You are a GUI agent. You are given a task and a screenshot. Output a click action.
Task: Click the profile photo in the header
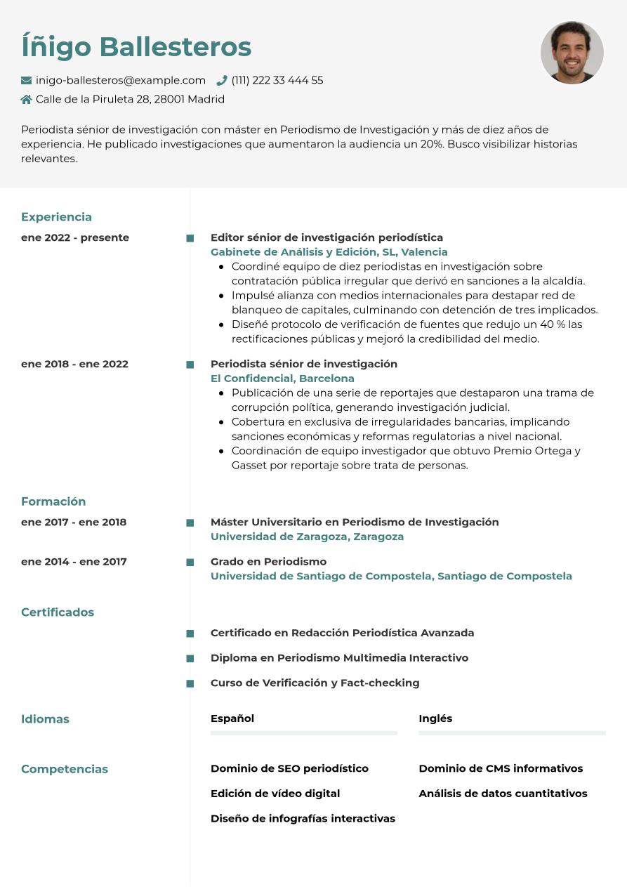(572, 53)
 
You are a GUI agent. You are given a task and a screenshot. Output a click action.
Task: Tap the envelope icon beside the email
(27, 81)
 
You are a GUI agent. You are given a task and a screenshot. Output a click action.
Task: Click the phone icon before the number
(222, 81)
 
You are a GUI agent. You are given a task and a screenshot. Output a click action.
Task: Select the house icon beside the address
(27, 100)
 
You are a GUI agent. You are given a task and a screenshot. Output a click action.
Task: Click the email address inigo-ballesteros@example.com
(121, 81)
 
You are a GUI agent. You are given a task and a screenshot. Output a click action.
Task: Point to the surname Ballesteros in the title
(175, 47)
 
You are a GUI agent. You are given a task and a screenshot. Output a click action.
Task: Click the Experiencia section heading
(56, 217)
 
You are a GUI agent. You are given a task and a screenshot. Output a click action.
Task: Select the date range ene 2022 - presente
(75, 237)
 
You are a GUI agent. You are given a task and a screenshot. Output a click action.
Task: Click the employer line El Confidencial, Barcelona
(282, 379)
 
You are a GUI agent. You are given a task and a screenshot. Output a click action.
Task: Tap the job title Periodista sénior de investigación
(304, 364)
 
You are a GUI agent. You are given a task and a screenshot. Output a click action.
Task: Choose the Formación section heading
(53, 501)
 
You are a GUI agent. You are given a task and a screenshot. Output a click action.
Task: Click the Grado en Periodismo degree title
(268, 561)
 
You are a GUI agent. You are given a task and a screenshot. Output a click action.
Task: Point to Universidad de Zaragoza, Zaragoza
(307, 537)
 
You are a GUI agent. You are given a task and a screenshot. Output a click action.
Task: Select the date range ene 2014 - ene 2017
(74, 561)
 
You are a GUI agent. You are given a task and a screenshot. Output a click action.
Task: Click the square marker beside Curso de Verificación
(190, 683)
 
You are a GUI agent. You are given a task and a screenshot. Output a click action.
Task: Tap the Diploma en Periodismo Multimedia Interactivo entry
(339, 658)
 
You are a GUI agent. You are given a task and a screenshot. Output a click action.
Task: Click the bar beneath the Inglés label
(512, 733)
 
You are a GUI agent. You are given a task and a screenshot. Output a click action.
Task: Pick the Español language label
(232, 718)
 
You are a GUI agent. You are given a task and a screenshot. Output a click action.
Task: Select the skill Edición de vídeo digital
(275, 794)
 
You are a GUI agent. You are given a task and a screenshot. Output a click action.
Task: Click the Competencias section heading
(65, 769)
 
